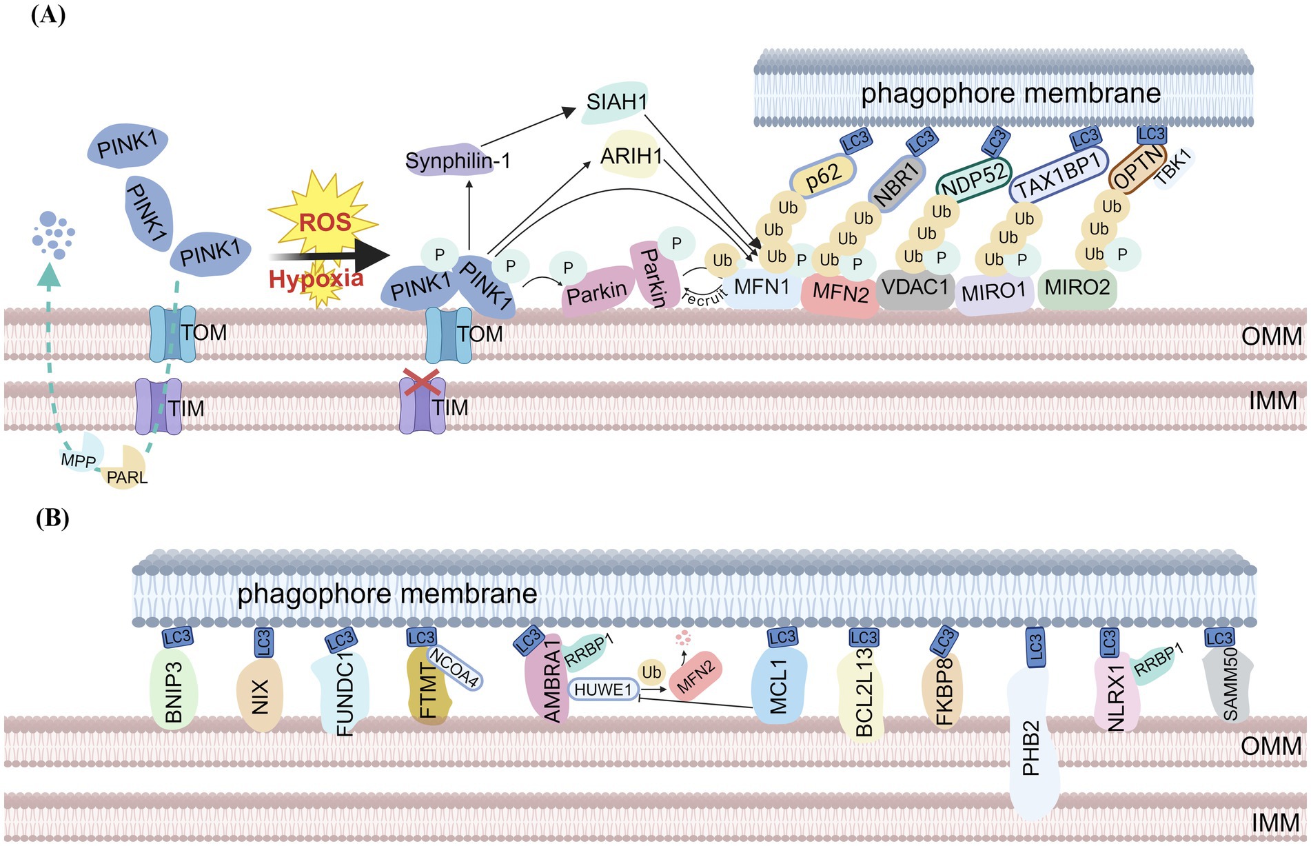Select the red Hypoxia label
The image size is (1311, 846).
tap(316, 279)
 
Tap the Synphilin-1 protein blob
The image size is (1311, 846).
tap(457, 161)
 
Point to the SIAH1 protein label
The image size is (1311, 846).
tap(616, 102)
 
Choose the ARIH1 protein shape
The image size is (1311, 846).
tap(630, 156)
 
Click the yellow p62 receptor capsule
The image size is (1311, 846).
tap(822, 175)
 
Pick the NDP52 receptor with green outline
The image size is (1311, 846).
tap(973, 178)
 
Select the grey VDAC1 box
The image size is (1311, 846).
tap(915, 288)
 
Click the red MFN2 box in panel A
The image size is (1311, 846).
tap(840, 293)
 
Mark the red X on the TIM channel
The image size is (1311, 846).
tap(422, 381)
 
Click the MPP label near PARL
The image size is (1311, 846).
tap(78, 459)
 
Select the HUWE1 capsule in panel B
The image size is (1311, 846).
tap(603, 689)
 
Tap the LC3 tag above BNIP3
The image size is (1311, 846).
tap(177, 636)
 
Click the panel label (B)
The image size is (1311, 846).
tap(52, 518)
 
